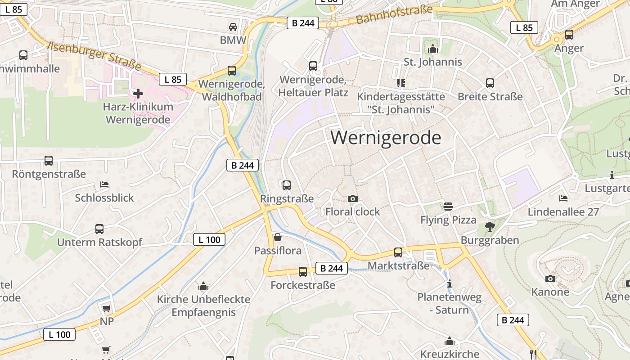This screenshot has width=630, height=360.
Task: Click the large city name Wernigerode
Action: pos(386,138)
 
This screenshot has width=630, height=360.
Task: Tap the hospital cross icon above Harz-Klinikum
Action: pos(138,94)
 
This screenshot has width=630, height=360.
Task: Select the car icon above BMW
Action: pos(233,27)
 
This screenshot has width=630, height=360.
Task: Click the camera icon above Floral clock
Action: pos(353,198)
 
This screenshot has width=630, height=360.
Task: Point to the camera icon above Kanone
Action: pos(550,279)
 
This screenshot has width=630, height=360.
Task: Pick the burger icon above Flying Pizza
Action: pos(448,207)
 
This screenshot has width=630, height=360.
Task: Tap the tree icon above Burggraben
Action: pos(490,227)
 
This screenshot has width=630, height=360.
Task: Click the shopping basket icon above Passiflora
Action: pos(278,237)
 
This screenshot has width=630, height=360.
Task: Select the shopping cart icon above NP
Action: pos(106,308)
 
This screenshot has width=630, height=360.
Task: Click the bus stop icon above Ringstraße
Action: pos(286,185)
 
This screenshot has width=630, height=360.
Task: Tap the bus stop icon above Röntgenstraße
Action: pos(49,161)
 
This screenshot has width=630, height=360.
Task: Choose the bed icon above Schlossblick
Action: pos(104,184)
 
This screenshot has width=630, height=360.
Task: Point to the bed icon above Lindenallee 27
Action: pos(563,198)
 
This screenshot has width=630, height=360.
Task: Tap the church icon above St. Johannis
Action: pos(433,49)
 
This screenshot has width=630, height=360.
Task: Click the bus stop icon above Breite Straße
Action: pos(490,83)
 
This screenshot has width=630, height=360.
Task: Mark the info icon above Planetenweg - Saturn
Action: pos(449,284)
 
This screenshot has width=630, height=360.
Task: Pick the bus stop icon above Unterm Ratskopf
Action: pos(99,229)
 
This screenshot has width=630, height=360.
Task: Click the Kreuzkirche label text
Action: pos(450,354)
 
